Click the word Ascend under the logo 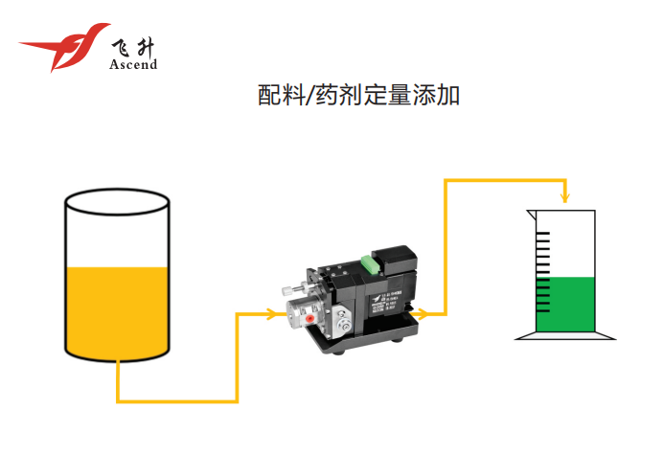(133, 64)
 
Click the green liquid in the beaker (564, 304)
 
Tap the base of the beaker (564, 336)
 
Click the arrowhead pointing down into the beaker (565, 199)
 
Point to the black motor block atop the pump (396, 259)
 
